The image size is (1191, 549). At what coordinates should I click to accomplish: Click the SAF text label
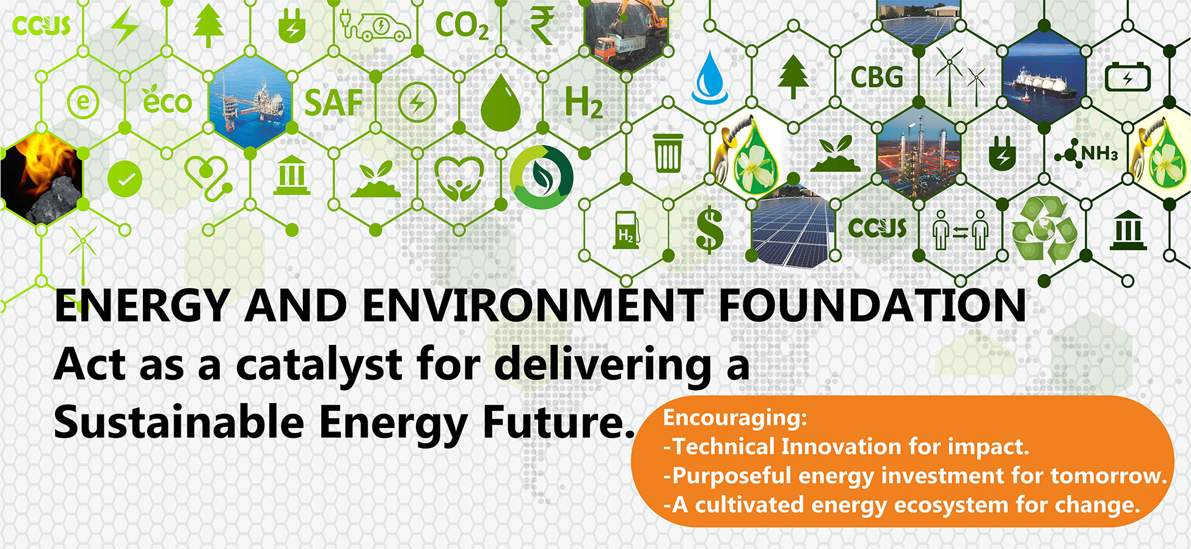[333, 102]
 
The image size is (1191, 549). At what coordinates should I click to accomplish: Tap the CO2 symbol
[462, 26]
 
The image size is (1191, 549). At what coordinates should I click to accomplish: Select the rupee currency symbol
[541, 26]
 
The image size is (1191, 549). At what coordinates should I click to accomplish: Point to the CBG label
[877, 77]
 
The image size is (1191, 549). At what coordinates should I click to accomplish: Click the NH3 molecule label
[1087, 153]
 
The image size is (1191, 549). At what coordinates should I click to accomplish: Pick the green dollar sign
[710, 230]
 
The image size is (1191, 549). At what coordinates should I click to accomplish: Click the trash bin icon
[668, 153]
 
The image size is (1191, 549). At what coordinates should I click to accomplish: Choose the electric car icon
[376, 26]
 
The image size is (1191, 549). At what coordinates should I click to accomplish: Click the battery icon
[1127, 78]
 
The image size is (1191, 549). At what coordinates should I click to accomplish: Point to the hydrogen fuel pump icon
[627, 230]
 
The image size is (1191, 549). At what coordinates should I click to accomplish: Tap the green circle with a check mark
[125, 179]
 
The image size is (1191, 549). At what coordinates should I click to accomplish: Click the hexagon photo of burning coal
[41, 179]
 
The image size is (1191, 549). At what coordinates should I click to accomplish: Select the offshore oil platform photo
[250, 102]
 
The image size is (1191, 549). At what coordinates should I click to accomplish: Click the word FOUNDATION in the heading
[872, 305]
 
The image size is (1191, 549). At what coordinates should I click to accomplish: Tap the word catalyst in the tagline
[318, 365]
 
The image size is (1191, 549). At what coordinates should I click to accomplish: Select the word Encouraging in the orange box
[735, 419]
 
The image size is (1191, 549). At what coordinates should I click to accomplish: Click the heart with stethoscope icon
[208, 178]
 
